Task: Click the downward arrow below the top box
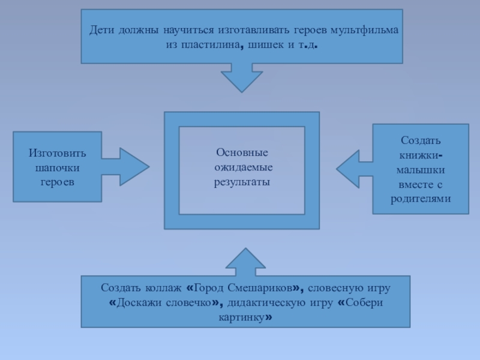pos(242,77)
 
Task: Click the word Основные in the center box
pos(242,153)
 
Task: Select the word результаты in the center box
pos(242,181)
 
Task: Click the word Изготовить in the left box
pos(58,153)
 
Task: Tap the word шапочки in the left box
pos(58,167)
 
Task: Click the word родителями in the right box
pos(421,199)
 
